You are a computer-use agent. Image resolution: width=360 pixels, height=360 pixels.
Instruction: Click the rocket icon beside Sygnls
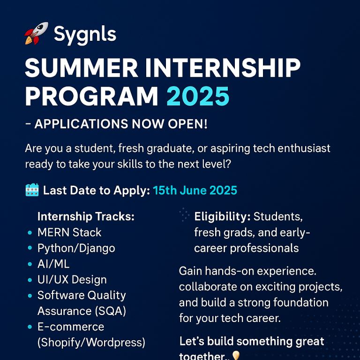pos(36,33)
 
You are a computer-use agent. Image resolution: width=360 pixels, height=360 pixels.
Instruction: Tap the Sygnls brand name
pos(85,35)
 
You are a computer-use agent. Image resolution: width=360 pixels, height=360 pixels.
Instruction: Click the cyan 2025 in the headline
pos(198,97)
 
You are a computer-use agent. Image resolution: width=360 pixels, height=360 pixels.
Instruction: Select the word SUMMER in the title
pos(82,67)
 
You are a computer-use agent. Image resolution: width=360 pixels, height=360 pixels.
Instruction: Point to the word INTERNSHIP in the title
pos(223,67)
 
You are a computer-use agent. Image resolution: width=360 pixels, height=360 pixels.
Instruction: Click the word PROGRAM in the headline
pos(91,97)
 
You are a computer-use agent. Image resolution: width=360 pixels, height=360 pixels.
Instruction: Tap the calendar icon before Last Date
pos(32,190)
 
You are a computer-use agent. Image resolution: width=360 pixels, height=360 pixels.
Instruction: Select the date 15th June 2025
pos(195,190)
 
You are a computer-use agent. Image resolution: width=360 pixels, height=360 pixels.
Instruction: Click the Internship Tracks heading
pos(86,216)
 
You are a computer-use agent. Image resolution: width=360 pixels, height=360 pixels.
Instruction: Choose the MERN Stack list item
pos(69,232)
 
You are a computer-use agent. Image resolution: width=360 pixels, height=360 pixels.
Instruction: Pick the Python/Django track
pos(76,248)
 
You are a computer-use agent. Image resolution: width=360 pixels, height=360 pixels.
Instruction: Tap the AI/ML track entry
pos(53,264)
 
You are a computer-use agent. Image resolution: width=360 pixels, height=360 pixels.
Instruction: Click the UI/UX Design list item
pos(72,280)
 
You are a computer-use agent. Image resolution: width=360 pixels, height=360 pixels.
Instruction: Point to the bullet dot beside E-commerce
pos(30,327)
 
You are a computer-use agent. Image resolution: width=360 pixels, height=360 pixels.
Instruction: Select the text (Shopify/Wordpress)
pos(91,343)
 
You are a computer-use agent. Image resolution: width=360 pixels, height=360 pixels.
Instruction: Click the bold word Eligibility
pos(222,217)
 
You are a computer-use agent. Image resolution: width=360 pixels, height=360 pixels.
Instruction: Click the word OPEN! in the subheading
pos(187,124)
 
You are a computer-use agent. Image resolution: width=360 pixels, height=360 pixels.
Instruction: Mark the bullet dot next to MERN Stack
pos(30,232)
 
